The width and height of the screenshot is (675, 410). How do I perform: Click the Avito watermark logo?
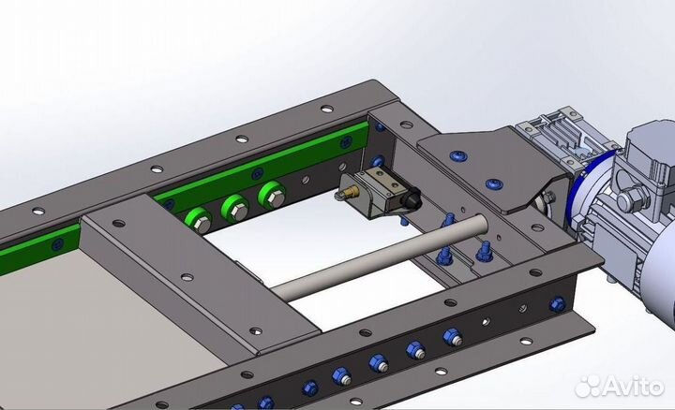point(621,386)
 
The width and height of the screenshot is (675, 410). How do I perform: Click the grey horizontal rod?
point(381,257)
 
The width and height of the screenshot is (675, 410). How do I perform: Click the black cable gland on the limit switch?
point(412,199)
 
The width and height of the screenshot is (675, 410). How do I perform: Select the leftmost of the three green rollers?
point(199,221)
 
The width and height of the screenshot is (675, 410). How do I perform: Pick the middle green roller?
point(235,209)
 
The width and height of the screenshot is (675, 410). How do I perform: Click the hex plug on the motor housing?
point(629,198)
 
